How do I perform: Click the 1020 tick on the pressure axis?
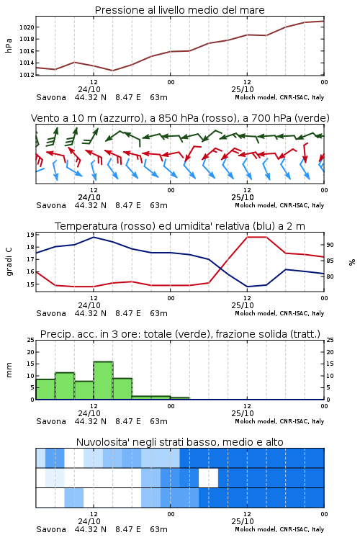click(27, 27)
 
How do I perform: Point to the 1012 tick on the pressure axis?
click(27, 75)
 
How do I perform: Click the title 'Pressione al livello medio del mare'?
click(180, 10)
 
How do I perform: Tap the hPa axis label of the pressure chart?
click(9, 45)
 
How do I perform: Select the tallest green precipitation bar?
click(104, 381)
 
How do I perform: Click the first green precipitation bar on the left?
click(45, 389)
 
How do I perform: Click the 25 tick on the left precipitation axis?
click(31, 340)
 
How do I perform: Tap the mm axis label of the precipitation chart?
click(9, 370)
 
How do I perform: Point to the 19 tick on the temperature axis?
click(30, 235)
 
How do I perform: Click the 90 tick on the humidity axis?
click(330, 245)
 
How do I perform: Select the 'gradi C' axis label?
click(9, 262)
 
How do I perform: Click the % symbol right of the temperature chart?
click(352, 262)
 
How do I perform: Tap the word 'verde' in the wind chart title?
click(312, 118)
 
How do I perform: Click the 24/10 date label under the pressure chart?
click(89, 89)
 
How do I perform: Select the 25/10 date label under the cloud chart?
click(243, 521)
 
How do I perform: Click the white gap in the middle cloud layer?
click(208, 478)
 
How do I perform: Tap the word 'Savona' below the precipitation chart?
click(51, 421)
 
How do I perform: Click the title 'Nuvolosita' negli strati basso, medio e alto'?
click(180, 442)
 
